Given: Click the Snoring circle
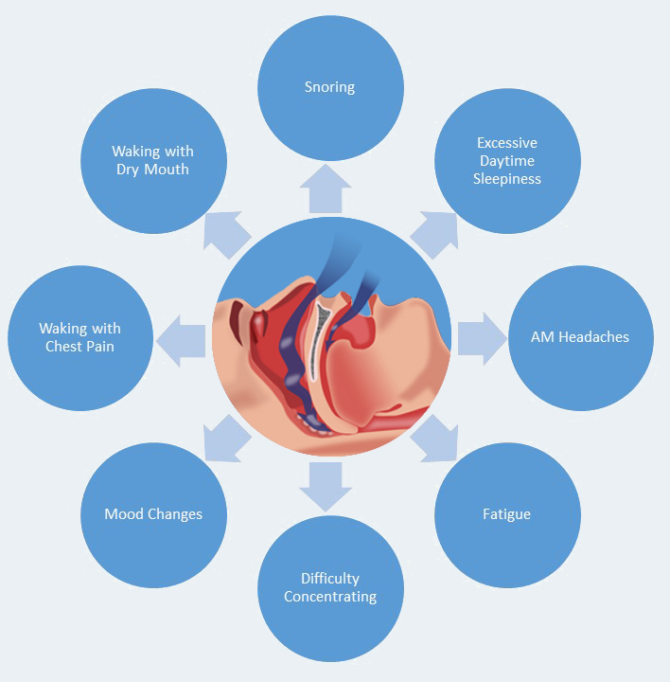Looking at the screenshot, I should click(330, 87).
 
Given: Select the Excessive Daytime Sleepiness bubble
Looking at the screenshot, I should click(507, 161).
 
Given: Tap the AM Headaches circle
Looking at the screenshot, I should click(580, 336).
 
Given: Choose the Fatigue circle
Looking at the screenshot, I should click(507, 514).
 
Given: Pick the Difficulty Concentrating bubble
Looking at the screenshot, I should click(330, 587).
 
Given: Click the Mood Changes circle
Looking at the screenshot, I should click(153, 514).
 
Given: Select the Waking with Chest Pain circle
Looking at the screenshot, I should click(79, 336).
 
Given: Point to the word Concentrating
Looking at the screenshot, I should click(330, 597).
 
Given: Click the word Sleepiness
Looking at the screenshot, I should click(507, 178).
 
